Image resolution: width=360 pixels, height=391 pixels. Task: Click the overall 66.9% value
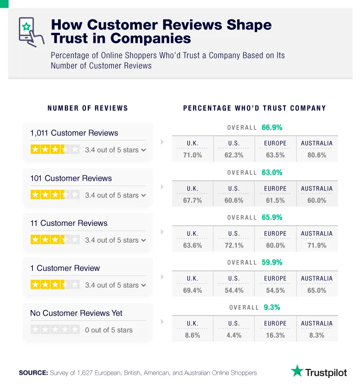click(272, 127)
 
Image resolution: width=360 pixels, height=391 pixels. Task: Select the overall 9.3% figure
click(272, 307)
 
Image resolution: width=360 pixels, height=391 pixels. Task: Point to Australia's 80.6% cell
click(317, 155)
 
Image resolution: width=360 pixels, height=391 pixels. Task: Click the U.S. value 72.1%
click(234, 245)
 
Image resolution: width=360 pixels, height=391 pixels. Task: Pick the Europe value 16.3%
click(275, 335)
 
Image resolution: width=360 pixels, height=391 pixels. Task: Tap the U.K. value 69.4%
click(192, 290)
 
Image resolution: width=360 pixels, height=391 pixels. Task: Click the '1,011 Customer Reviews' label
click(74, 133)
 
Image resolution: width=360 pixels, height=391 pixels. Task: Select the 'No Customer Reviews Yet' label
click(76, 313)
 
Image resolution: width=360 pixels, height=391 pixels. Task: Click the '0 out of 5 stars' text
click(108, 330)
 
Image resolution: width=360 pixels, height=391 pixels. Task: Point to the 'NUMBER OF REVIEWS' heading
click(88, 108)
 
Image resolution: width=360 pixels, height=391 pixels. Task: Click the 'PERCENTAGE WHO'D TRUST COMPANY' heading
click(254, 108)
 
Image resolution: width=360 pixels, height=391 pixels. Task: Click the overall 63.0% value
click(272, 172)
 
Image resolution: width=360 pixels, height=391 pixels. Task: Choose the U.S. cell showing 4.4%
click(234, 335)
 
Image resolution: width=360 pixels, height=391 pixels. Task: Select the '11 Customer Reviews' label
click(68, 223)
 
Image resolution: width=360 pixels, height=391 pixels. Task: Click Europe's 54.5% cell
click(275, 290)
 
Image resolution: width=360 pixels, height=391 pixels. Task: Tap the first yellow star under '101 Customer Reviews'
click(35, 195)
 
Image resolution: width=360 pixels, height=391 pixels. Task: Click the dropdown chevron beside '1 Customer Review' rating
click(144, 285)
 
